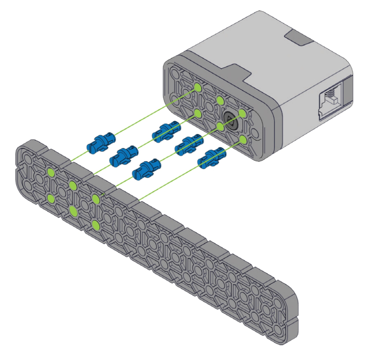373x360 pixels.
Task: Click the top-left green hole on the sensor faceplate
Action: (x=197, y=87)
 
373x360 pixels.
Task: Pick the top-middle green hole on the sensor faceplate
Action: (x=220, y=101)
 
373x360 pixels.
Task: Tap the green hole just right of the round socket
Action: (x=242, y=113)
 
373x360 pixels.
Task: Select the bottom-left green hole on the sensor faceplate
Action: (x=197, y=113)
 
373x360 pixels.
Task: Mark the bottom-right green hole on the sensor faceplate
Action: (x=242, y=139)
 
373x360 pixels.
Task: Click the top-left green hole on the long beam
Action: (x=51, y=172)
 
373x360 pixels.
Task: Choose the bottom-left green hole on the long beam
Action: (x=51, y=198)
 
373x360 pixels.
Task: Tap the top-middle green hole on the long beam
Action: (x=73, y=186)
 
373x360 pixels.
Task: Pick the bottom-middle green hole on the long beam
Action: (x=73, y=211)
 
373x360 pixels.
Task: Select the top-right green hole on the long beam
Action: (x=96, y=199)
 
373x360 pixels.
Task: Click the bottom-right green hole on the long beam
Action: (x=96, y=225)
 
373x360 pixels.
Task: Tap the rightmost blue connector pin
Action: (x=211, y=158)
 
